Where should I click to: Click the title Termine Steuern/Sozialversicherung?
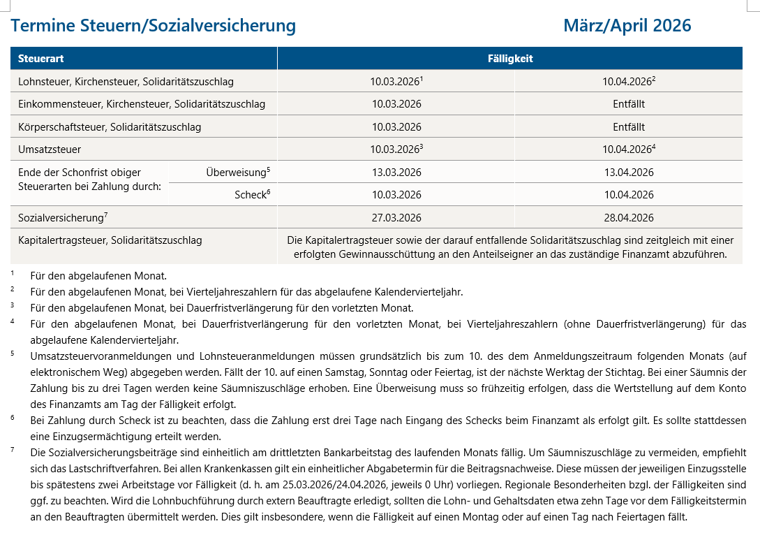pyautogui.click(x=154, y=26)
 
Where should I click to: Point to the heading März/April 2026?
pyautogui.click(x=627, y=26)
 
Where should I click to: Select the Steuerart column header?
pyautogui.click(x=41, y=59)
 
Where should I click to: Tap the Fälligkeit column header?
pyautogui.click(x=509, y=59)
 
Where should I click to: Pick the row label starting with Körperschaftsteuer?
pyautogui.click(x=110, y=127)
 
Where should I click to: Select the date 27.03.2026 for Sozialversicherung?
pyautogui.click(x=396, y=217)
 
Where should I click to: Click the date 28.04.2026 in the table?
pyautogui.click(x=628, y=217)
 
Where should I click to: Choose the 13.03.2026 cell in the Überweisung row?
pyautogui.click(x=396, y=173)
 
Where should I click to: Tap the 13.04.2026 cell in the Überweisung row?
pyautogui.click(x=628, y=173)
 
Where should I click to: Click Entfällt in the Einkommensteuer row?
pyautogui.click(x=628, y=104)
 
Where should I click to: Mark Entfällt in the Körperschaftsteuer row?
pyautogui.click(x=628, y=127)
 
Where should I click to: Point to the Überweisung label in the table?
pyautogui.click(x=237, y=173)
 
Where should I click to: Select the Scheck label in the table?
pyautogui.click(x=251, y=195)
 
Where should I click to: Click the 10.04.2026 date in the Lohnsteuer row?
pyautogui.click(x=627, y=82)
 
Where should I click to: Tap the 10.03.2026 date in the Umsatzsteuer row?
pyautogui.click(x=396, y=149)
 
